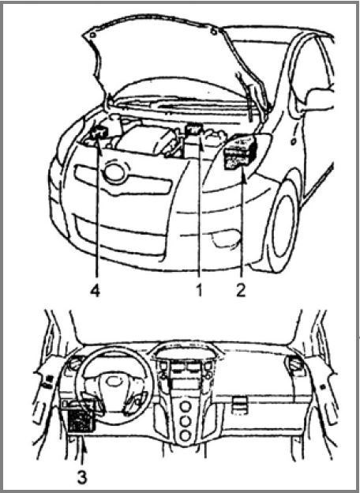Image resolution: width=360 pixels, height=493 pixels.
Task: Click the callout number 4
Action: (95, 291)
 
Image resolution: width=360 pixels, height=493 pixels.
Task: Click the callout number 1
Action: (199, 291)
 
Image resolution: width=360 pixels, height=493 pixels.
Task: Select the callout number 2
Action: (241, 291)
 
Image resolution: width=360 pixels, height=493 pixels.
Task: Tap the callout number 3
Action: (81, 478)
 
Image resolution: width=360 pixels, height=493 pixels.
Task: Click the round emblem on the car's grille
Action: (115, 172)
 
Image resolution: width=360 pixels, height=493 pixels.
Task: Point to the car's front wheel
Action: (282, 226)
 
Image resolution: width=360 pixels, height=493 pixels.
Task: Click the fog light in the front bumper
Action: (226, 239)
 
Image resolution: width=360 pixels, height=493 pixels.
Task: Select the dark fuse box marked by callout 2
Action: (240, 152)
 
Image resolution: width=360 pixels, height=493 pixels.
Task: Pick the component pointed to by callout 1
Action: (193, 132)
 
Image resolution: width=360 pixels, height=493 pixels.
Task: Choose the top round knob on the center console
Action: (186, 406)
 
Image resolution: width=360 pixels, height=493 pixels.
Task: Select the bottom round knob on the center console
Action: (186, 435)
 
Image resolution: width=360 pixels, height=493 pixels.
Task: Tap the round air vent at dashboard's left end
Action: (75, 363)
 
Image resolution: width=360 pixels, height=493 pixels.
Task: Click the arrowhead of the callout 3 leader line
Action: (84, 444)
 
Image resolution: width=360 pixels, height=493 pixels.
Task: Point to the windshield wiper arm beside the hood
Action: (247, 96)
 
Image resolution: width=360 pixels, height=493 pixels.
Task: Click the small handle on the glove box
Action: (239, 405)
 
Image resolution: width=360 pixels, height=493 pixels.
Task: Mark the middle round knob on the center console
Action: (186, 420)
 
